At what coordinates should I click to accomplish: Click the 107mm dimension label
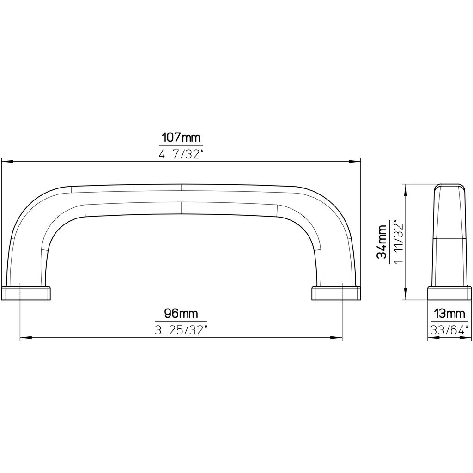182,138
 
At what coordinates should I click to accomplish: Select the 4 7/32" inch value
182,154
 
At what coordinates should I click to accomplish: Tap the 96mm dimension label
181,314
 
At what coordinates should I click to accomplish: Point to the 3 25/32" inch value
181,331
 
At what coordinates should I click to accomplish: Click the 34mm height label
382,242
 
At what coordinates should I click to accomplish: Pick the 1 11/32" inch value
399,242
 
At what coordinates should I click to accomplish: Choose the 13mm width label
449,314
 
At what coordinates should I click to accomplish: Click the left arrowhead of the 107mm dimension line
7,162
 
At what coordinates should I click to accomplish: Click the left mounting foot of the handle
26,293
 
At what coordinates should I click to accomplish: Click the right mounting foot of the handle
336,293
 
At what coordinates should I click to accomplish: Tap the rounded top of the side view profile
449,186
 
